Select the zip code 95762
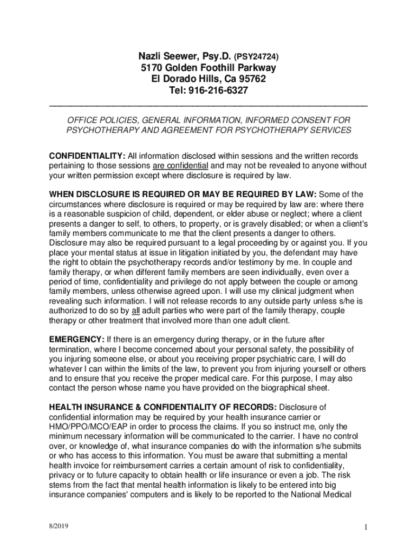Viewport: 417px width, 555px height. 253,79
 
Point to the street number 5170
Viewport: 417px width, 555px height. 153,68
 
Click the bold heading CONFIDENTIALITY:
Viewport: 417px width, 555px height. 87,156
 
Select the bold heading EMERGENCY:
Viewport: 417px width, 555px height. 77,340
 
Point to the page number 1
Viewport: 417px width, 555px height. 366,528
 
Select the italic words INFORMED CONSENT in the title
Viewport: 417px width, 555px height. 277,120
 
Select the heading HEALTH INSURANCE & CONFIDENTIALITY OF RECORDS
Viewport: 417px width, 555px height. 162,407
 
